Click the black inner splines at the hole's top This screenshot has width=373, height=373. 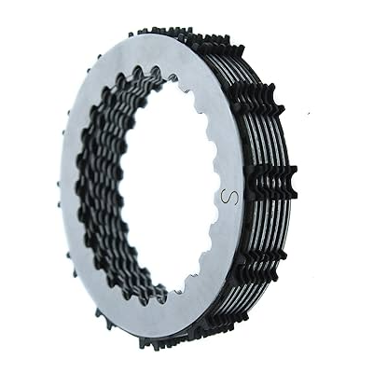(140, 78)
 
